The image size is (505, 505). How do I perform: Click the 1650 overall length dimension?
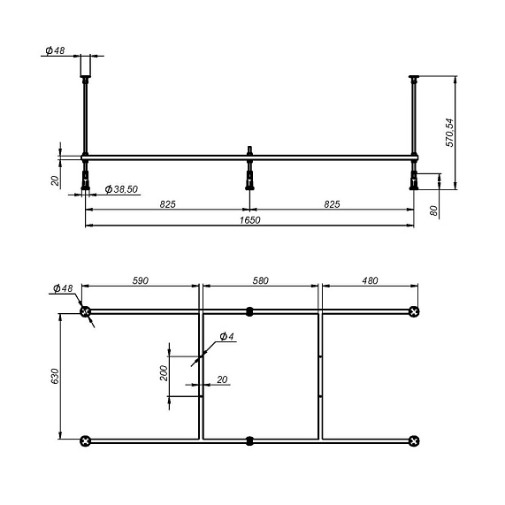[249, 220]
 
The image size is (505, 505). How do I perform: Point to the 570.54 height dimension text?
[449, 132]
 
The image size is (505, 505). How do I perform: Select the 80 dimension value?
[434, 210]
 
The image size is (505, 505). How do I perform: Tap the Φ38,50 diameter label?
[122, 190]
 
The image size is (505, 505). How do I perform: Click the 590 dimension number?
[140, 280]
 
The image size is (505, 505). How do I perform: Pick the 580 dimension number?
[260, 280]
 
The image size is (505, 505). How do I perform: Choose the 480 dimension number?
[369, 280]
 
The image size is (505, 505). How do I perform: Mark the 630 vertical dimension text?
[55, 376]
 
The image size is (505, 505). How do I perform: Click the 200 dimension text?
[165, 372]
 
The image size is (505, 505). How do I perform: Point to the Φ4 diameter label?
[226, 337]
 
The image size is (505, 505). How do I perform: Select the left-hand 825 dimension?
[167, 204]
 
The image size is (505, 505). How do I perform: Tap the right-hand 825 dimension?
[332, 204]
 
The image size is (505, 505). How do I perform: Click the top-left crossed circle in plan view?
[85, 311]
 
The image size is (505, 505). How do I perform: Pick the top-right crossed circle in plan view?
[414, 311]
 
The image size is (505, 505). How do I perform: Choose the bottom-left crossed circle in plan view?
[85, 440]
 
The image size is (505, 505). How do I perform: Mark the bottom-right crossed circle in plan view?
[414, 440]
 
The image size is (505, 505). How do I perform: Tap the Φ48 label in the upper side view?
[54, 50]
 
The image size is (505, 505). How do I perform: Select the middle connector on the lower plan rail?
[249, 440]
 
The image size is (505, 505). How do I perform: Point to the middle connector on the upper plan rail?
[249, 311]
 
